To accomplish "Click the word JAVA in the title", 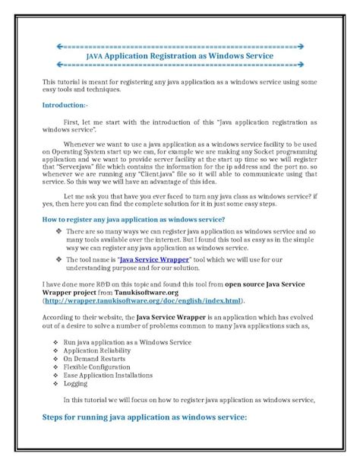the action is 95,55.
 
